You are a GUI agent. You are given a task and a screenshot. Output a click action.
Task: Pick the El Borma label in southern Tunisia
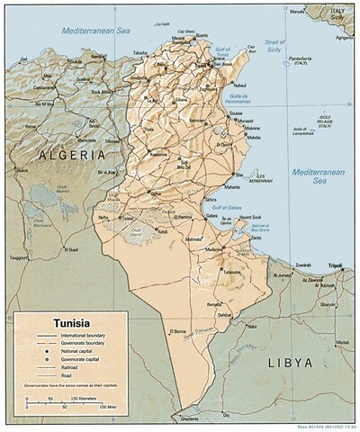[179, 331]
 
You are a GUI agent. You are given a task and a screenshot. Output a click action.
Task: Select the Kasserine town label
[158, 154]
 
